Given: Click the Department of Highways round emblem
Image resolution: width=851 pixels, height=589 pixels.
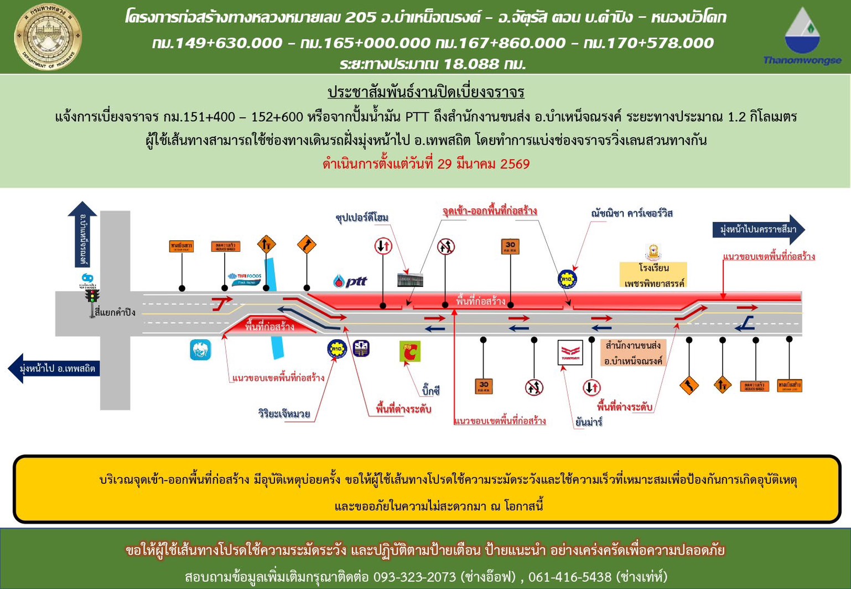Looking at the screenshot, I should [48, 37].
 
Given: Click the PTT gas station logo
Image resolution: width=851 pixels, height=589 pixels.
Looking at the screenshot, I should [350, 281].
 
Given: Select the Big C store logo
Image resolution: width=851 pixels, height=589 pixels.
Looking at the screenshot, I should [410, 352].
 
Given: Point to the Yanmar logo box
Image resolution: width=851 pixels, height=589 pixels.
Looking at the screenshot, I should [570, 352].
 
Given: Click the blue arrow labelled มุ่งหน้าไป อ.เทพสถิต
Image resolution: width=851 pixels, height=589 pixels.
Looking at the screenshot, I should [55, 368].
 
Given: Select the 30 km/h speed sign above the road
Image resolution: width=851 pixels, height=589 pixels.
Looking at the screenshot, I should [510, 246].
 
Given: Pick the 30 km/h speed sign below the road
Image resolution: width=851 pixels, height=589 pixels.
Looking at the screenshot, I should [484, 386].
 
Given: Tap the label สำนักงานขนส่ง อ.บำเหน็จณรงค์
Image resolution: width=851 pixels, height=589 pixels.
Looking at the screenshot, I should [633, 353].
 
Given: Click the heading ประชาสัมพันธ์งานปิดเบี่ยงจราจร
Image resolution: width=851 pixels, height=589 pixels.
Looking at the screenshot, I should [425, 92].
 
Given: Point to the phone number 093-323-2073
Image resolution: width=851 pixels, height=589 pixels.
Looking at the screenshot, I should [415, 577].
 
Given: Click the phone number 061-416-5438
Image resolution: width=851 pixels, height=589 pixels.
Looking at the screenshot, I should [569, 577].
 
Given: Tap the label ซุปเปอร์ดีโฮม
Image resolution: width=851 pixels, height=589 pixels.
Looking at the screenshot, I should [362, 218].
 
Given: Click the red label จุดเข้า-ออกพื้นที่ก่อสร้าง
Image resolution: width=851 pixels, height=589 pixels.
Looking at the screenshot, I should [489, 211].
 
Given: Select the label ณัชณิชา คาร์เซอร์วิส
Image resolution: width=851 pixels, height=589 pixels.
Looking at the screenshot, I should [631, 213].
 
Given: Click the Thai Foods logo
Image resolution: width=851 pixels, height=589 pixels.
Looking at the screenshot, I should [245, 278].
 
